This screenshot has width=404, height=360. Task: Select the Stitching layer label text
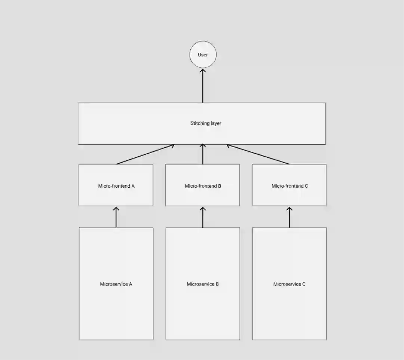pyautogui.click(x=205, y=123)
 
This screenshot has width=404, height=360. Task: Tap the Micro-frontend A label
pyautogui.click(x=116, y=186)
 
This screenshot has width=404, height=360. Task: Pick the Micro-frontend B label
pyautogui.click(x=203, y=186)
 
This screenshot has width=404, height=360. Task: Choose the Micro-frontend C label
pyautogui.click(x=290, y=186)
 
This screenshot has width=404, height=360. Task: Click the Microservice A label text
pyautogui.click(x=116, y=284)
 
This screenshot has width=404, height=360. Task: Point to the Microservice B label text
pyautogui.click(x=203, y=284)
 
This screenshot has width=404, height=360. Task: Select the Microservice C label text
pyautogui.click(x=289, y=284)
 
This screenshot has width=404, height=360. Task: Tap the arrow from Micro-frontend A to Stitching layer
pyautogui.click(x=145, y=154)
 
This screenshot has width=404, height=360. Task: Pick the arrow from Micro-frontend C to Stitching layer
pyautogui.click(x=258, y=154)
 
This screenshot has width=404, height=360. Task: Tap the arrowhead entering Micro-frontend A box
pyautogui.click(x=116, y=209)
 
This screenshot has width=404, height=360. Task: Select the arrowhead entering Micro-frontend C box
pyautogui.click(x=289, y=209)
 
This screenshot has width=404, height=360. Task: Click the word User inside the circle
pyautogui.click(x=203, y=55)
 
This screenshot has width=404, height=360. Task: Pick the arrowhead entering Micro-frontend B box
pyautogui.click(x=203, y=209)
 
